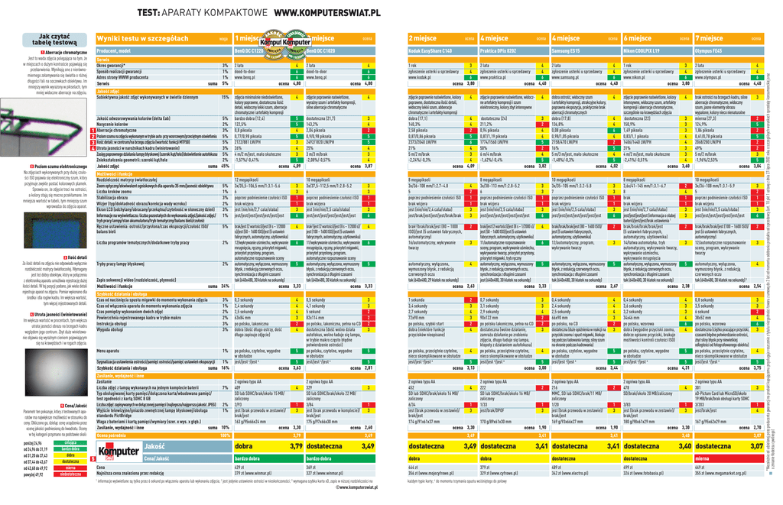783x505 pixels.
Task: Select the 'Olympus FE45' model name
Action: click(711, 50)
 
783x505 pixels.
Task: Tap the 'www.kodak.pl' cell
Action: click(421, 77)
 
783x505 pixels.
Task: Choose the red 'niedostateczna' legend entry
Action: click(70, 474)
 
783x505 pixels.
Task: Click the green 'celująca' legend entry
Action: click(70, 442)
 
